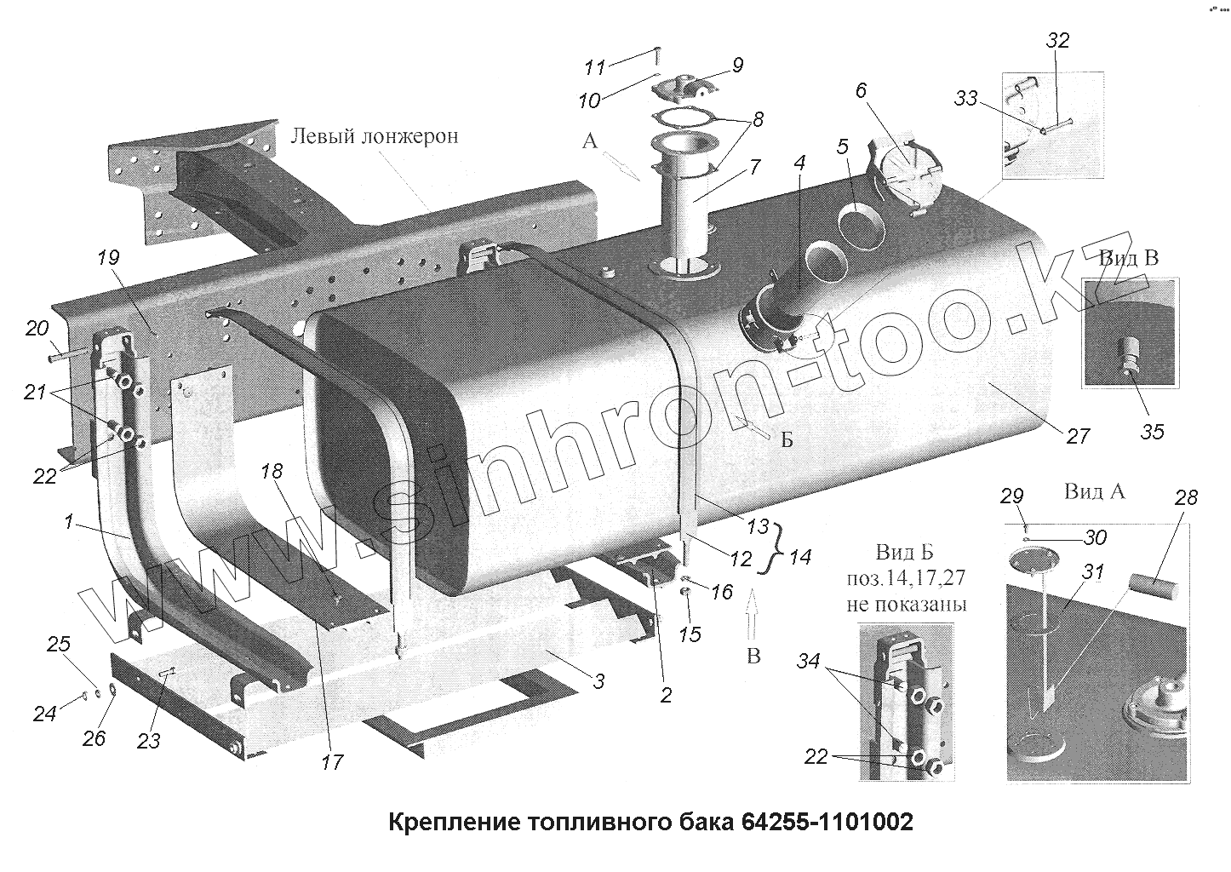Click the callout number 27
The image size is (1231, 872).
(x=1078, y=436)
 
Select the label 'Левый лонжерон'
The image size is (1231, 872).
(x=375, y=136)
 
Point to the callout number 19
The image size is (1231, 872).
(x=109, y=258)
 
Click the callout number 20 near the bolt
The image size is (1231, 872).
(x=37, y=328)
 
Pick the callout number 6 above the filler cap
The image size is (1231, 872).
(x=862, y=92)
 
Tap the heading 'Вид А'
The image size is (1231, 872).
(x=1095, y=491)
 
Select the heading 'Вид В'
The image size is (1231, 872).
(x=1128, y=257)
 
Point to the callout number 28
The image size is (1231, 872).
(x=1186, y=497)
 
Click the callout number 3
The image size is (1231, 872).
(x=598, y=680)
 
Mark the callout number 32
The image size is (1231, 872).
(x=1058, y=41)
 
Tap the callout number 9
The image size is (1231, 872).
(x=736, y=65)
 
